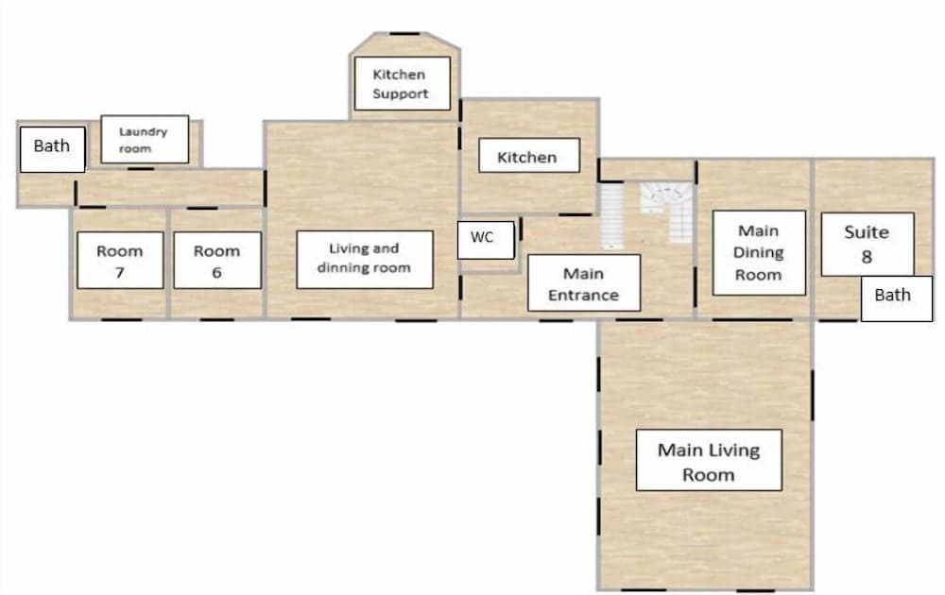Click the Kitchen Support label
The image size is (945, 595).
click(x=400, y=83)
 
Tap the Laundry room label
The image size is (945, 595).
click(x=145, y=139)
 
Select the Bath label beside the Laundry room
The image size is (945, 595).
click(x=52, y=147)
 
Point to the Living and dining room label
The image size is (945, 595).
click(x=364, y=259)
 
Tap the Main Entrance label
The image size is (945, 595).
click(x=583, y=283)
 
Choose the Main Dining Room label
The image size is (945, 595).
click(x=759, y=252)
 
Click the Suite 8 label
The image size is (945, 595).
click(x=867, y=244)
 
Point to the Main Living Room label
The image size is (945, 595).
click(x=708, y=461)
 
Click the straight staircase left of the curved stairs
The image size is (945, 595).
click(x=613, y=215)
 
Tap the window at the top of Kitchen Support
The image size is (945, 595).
click(x=404, y=34)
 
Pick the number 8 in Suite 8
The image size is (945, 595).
click(x=867, y=256)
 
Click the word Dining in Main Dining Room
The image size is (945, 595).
click(x=759, y=252)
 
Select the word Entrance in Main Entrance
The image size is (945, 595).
click(x=583, y=295)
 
